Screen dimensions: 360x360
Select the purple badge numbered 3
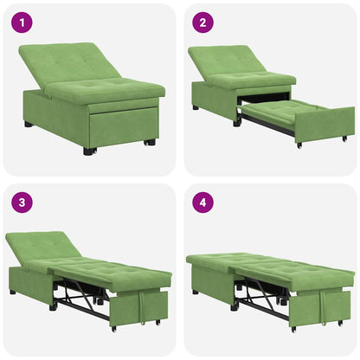[19, 203]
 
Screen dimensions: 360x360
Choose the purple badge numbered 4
[201, 203]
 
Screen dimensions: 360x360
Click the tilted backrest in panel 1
[65, 61]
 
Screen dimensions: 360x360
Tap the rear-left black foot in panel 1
[29, 125]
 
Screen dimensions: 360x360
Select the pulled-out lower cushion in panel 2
[286, 109]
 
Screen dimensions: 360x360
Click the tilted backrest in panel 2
[228, 60]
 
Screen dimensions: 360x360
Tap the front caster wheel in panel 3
[112, 329]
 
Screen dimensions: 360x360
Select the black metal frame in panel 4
[260, 299]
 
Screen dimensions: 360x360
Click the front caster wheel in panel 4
[293, 329]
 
